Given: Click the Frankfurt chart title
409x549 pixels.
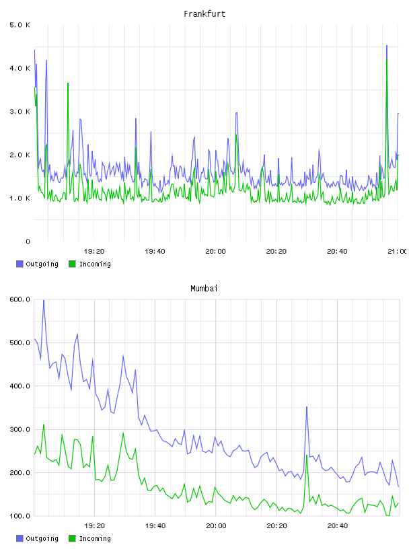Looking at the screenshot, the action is [204, 14].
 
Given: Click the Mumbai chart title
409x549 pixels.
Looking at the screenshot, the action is [204, 289].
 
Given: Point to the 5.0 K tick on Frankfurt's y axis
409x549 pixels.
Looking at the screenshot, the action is [20, 25].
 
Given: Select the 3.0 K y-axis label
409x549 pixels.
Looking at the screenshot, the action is [20, 112].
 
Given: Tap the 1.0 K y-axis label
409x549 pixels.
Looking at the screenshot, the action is [20, 198].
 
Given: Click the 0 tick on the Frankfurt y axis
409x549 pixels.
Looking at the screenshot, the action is [28, 242].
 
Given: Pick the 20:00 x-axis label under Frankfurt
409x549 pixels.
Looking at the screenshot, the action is [216, 252].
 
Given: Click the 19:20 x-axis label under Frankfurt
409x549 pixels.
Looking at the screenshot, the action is [94, 252].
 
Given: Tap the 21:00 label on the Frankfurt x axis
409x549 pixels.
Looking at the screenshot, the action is [398, 252].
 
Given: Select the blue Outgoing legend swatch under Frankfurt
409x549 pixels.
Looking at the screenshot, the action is [20, 264].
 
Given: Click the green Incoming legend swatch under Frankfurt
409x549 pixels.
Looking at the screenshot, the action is [72, 264].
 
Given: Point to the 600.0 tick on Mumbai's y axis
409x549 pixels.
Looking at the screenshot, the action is [20, 299].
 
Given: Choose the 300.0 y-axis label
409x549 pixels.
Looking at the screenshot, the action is [20, 429].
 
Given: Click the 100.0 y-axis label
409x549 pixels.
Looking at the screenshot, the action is [20, 516].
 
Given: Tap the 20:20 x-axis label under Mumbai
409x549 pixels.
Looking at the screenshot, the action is [276, 526].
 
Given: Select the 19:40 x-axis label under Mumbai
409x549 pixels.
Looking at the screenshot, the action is [155, 526].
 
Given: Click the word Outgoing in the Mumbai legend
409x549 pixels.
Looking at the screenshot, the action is [42, 538].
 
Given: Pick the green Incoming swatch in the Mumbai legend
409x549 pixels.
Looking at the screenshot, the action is [72, 538].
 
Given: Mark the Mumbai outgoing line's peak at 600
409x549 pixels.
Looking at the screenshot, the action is [44, 300].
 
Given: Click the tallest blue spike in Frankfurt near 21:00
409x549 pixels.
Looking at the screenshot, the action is [387, 46].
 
